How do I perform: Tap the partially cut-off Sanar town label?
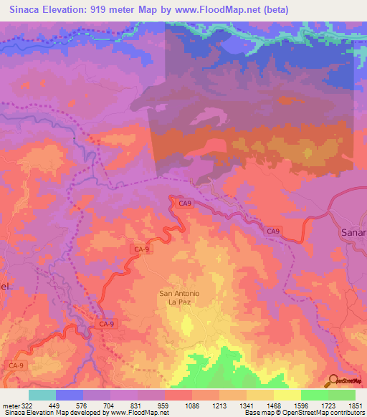353,233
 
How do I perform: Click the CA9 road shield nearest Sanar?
273,231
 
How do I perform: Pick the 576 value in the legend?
83,406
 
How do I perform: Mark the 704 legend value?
110,406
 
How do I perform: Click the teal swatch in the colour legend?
42,395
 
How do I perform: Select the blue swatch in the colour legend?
70,395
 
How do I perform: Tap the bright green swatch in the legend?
315,395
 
